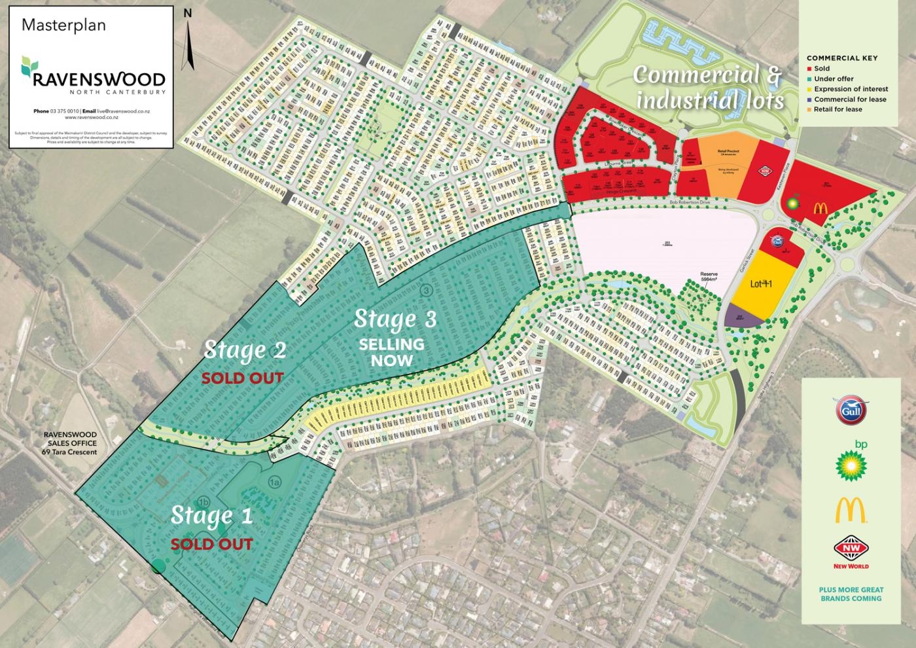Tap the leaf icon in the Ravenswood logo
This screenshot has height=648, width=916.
click(28, 65)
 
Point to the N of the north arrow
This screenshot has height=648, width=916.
click(188, 12)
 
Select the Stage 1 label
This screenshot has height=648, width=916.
click(211, 516)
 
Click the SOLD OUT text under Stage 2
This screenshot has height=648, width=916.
click(242, 378)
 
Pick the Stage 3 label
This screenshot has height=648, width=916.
click(395, 319)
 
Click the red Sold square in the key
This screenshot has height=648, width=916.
click(809, 68)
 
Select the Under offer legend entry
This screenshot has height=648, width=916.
click(833, 79)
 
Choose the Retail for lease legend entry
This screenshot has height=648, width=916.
click(837, 109)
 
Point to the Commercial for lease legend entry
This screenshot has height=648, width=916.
click(849, 99)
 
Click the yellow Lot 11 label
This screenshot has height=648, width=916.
click(762, 284)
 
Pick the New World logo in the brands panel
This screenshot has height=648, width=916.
click(851, 552)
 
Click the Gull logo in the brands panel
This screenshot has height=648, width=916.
click(851, 410)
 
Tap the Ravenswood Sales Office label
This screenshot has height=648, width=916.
click(69, 443)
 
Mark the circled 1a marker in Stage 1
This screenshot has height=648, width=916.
click(275, 482)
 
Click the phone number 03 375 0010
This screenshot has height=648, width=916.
click(63, 112)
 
